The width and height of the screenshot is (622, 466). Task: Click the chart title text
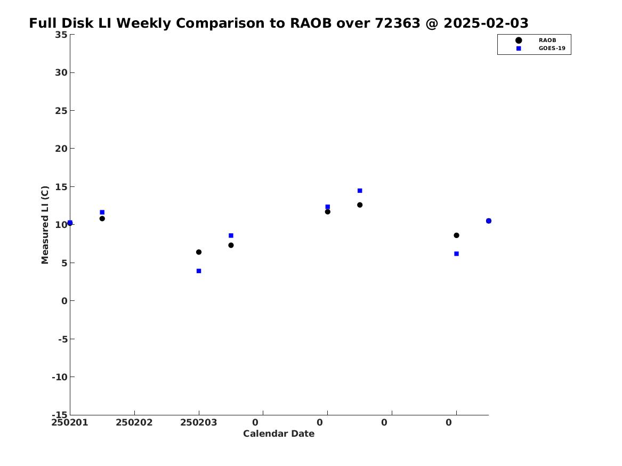tap(278, 23)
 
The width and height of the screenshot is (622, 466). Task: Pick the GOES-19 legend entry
tap(540, 48)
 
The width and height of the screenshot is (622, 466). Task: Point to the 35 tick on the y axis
tap(61, 35)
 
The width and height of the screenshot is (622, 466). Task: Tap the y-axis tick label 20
tap(61, 149)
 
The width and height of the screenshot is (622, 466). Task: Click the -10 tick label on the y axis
tap(60, 377)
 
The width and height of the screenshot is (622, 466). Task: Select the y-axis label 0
tap(64, 301)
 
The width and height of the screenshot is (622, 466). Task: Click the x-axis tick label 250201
tap(70, 422)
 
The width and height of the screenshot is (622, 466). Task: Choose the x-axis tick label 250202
tap(134, 422)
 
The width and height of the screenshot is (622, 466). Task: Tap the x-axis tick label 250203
tap(199, 422)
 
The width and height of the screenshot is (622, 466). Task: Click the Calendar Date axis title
tap(279, 434)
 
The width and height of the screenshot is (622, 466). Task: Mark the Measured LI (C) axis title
tap(45, 225)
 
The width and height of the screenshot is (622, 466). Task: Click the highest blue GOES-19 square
tap(360, 191)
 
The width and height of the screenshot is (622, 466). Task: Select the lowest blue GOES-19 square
tap(199, 271)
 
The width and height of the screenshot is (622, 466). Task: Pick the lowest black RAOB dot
tap(199, 252)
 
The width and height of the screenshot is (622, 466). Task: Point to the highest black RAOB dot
tap(360, 205)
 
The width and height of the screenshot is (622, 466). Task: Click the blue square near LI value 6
tap(456, 254)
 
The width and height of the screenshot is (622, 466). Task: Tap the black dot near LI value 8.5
tap(456, 235)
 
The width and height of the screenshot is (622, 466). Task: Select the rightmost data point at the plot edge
tap(488, 220)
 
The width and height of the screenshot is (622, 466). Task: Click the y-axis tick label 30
tap(61, 72)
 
